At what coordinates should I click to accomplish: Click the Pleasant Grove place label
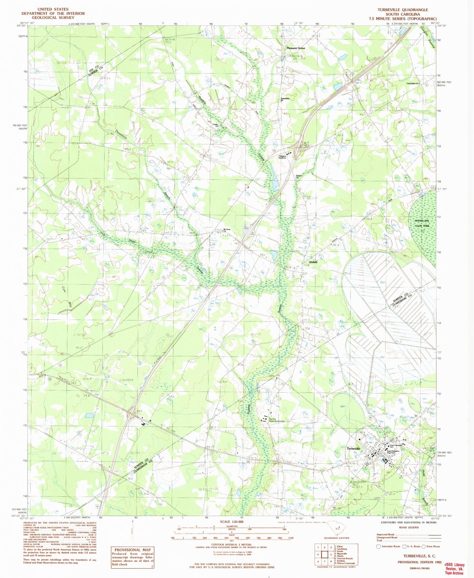click(296, 48)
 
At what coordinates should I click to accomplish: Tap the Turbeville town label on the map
click(354, 448)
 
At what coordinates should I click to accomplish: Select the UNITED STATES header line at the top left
click(53, 9)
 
